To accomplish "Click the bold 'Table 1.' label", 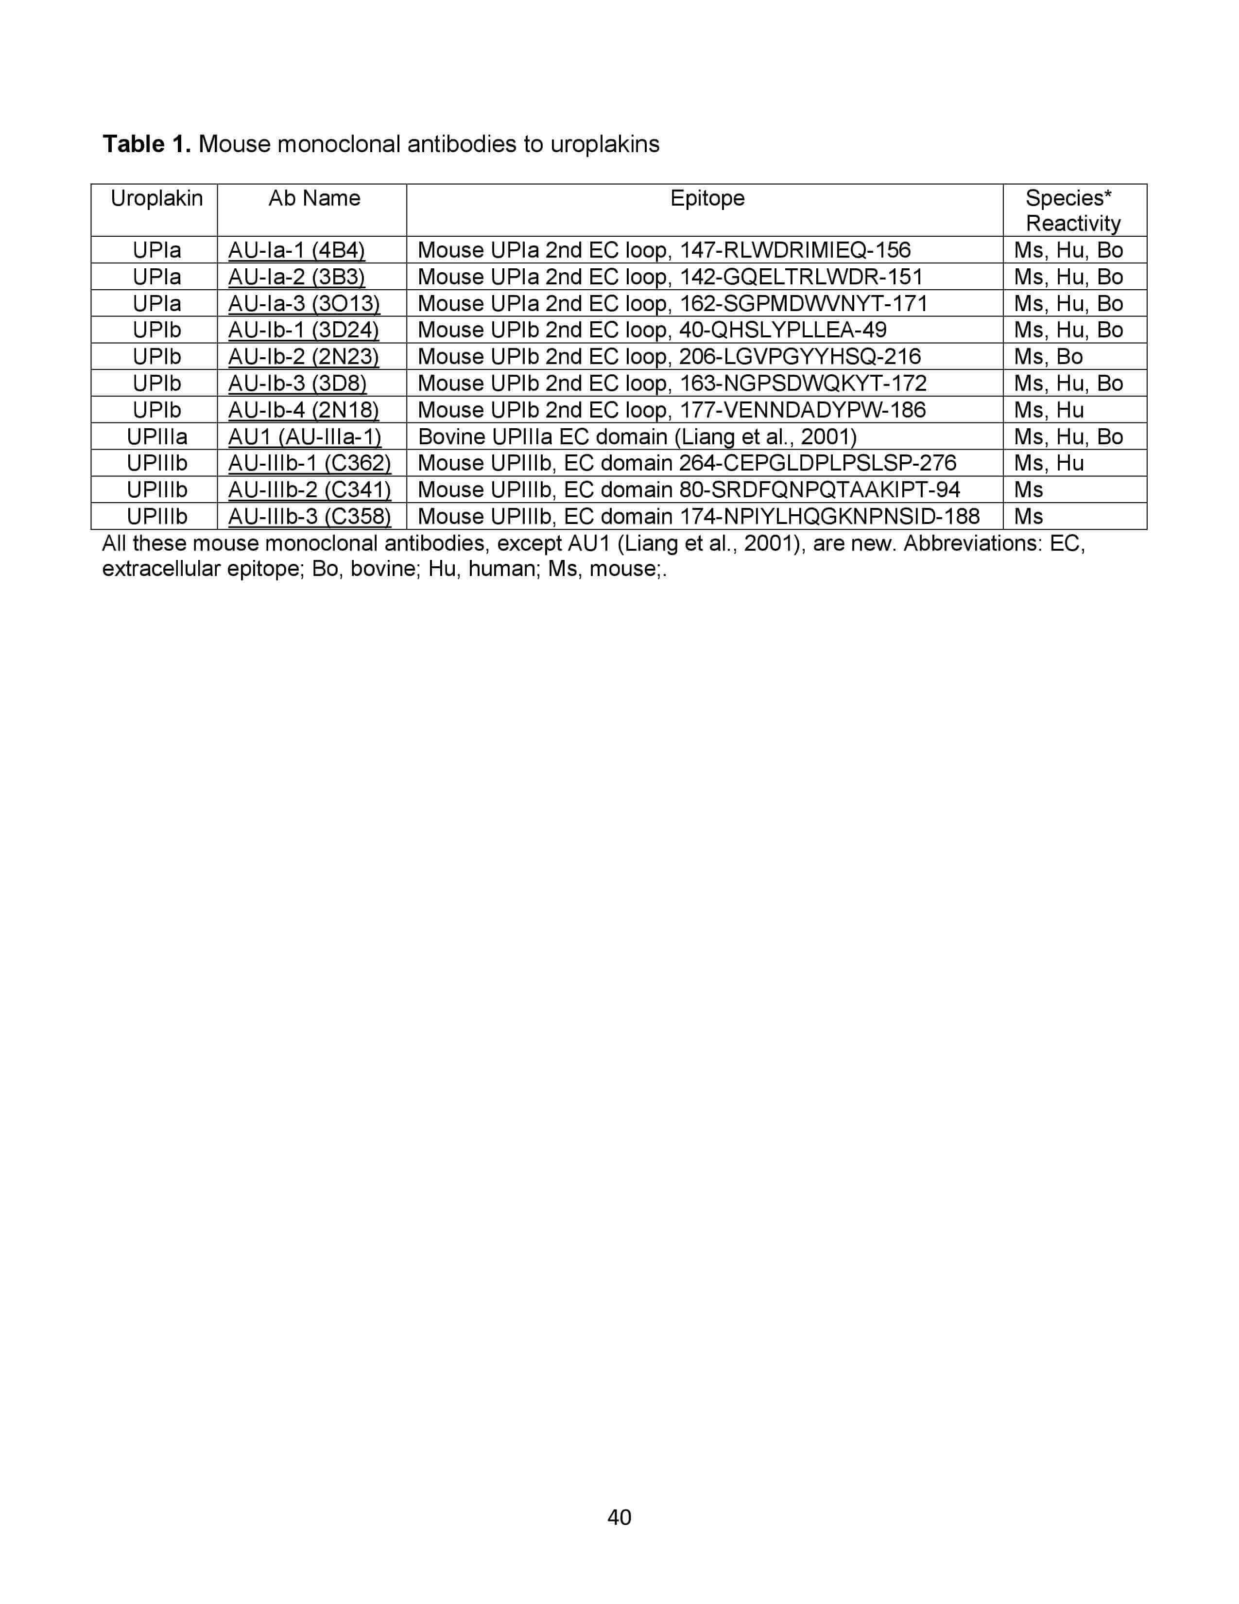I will click(x=147, y=144).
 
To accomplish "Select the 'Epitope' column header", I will click(x=707, y=198).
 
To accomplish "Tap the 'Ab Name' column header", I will click(x=314, y=198).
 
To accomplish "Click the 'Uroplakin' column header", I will click(x=156, y=198).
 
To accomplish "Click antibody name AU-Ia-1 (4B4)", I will click(x=296, y=250).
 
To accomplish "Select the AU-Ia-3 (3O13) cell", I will click(x=304, y=303).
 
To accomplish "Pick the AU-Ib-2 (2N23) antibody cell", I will click(x=303, y=356).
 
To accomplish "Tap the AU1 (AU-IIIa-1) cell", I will click(x=305, y=436).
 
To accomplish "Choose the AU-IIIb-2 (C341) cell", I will click(x=309, y=490).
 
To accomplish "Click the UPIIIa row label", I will click(x=156, y=436).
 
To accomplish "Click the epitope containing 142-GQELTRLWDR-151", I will click(x=670, y=277).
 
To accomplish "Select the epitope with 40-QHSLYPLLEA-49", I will click(x=652, y=330).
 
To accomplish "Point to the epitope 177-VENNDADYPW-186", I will click(x=671, y=410).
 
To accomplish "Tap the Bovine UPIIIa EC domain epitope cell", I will click(x=637, y=436).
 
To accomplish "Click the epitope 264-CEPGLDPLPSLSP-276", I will click(x=686, y=463).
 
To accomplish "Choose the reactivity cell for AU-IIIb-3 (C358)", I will click(x=1028, y=516).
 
